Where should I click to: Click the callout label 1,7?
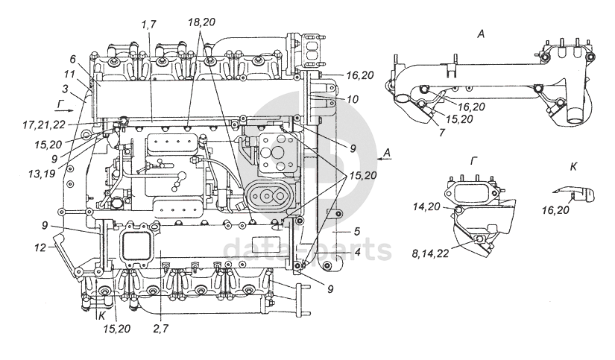click(x=149, y=25)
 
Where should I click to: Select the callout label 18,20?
click(x=201, y=22)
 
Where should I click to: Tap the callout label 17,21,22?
click(x=43, y=124)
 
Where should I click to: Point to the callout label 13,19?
click(x=42, y=173)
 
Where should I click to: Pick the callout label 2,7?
click(x=161, y=328)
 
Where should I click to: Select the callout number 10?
click(x=353, y=99)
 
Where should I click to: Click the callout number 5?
click(x=357, y=232)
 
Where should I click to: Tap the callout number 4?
click(x=357, y=251)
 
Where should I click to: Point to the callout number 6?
click(x=72, y=59)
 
